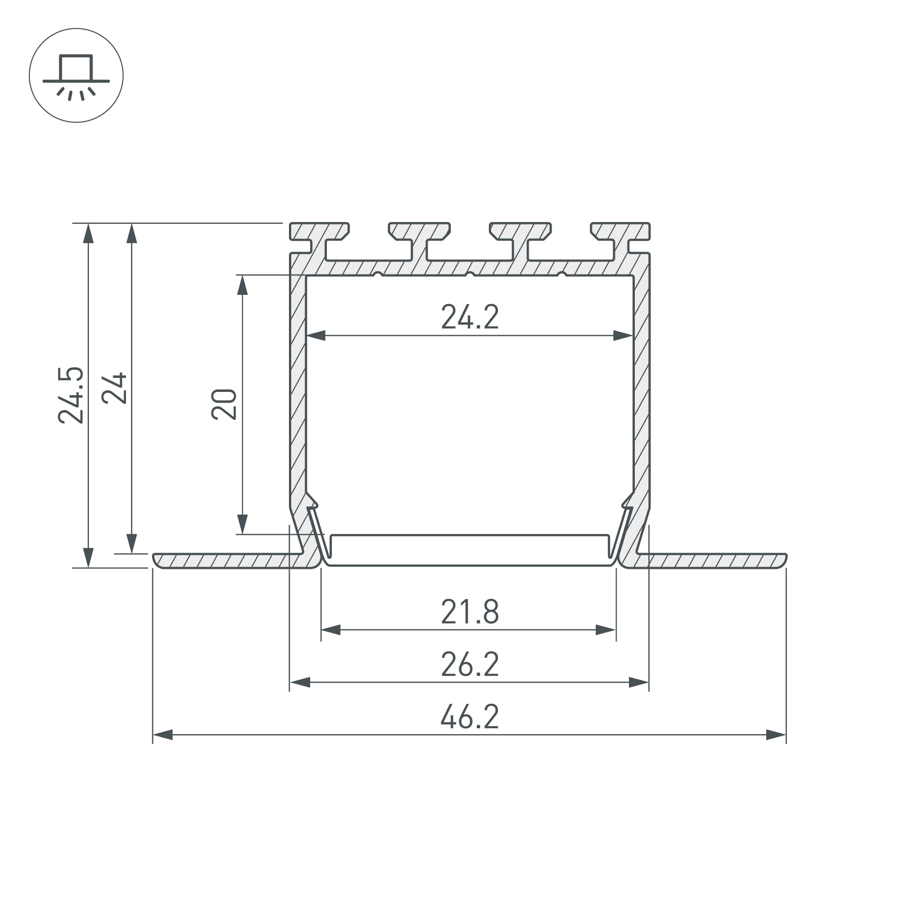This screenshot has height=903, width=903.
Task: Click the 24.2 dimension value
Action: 470,317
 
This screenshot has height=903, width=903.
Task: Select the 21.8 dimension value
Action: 470,612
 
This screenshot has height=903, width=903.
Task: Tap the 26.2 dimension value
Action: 470,664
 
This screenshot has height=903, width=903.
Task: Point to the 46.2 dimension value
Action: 470,717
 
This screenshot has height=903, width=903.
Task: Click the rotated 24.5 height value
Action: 70,396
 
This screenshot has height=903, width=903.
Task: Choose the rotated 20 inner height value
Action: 224,404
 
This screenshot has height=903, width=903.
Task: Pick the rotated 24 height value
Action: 114,388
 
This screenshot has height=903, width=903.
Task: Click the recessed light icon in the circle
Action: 76,76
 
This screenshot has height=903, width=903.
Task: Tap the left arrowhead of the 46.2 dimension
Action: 163,735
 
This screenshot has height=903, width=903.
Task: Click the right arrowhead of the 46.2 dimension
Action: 776,735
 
